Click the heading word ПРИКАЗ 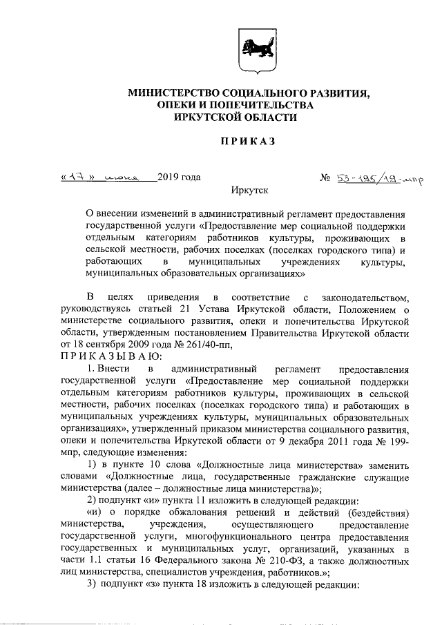tap(247, 142)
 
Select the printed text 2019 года tap(179, 177)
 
